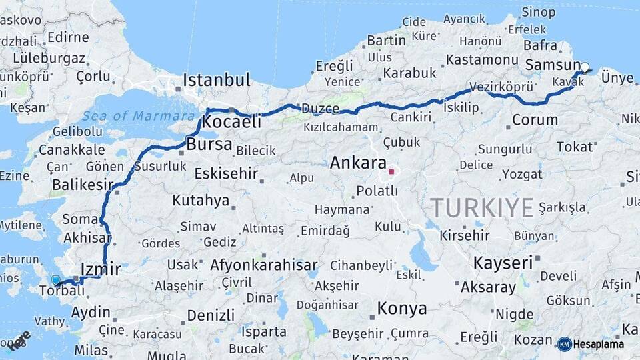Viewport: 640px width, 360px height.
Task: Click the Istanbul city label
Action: pos(217,81)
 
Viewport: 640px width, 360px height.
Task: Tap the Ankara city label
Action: pos(357,163)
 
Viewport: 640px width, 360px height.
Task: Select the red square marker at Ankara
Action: pos(391,171)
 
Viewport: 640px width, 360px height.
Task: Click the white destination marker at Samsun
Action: pos(585,67)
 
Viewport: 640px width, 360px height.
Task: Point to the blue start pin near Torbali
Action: pos(55,281)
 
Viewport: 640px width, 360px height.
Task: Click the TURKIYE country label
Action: pos(482,207)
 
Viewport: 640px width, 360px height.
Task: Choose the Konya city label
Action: pos(401,309)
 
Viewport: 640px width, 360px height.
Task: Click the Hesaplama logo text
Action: pos(599,344)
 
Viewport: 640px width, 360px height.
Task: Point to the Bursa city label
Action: pos(209,144)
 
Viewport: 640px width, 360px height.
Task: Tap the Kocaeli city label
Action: pos(231,123)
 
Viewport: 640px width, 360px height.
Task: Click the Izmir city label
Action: pos(100,269)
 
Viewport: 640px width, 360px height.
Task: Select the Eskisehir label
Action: pos(225,174)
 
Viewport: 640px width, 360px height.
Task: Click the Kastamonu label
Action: pos(477,59)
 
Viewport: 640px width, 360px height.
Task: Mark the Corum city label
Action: pos(535,121)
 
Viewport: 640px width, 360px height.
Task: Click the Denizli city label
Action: pos(211,315)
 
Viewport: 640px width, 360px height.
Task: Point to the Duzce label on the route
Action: pos(321,108)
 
